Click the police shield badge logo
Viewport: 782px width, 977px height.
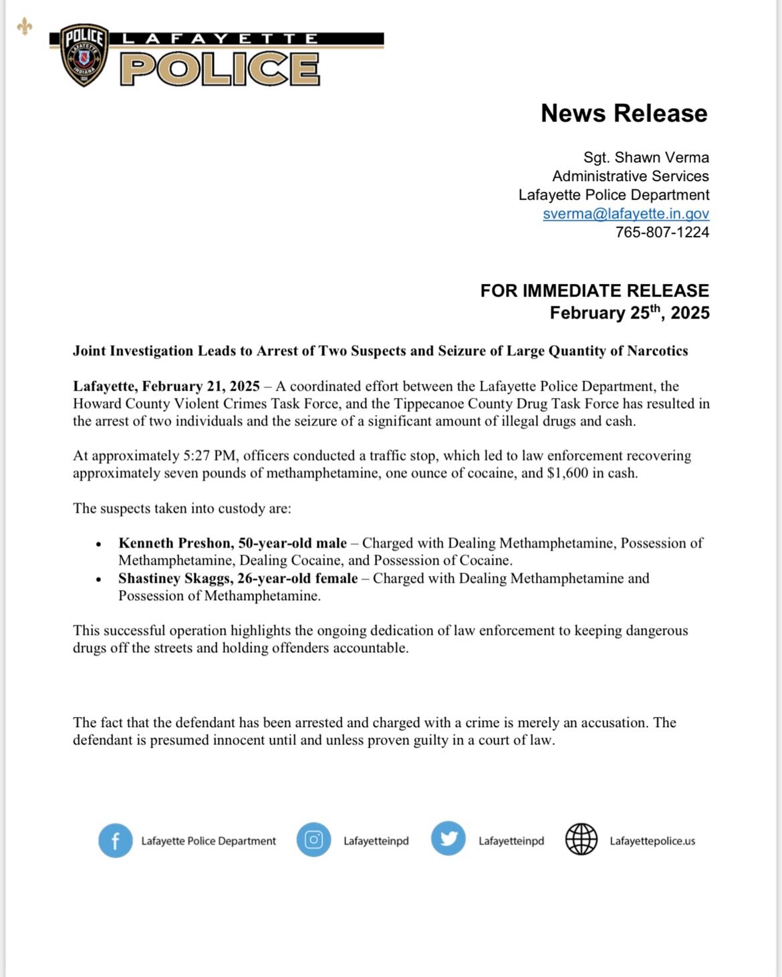[x=84, y=55]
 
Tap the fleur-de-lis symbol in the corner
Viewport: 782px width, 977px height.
[x=25, y=27]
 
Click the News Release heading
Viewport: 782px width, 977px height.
[x=624, y=114]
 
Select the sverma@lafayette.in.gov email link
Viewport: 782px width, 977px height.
[x=626, y=214]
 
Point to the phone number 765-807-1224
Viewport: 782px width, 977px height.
[x=662, y=233]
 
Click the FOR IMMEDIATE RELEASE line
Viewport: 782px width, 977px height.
[x=594, y=291]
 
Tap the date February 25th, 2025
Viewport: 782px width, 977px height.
[x=629, y=313]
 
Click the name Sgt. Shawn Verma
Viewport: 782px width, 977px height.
[x=646, y=158]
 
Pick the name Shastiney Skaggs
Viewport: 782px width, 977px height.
[x=174, y=579]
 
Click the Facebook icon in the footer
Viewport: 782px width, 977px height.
[x=116, y=841]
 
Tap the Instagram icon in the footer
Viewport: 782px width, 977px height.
[x=313, y=839]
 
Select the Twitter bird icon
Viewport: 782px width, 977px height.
[x=448, y=839]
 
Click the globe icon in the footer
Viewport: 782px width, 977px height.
[x=581, y=839]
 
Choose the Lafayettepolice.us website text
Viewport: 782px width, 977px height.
[x=652, y=841]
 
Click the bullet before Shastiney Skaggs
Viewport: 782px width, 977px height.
[x=99, y=579]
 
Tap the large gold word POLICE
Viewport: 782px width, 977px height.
[x=220, y=69]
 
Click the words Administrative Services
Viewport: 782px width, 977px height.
[x=630, y=176]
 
